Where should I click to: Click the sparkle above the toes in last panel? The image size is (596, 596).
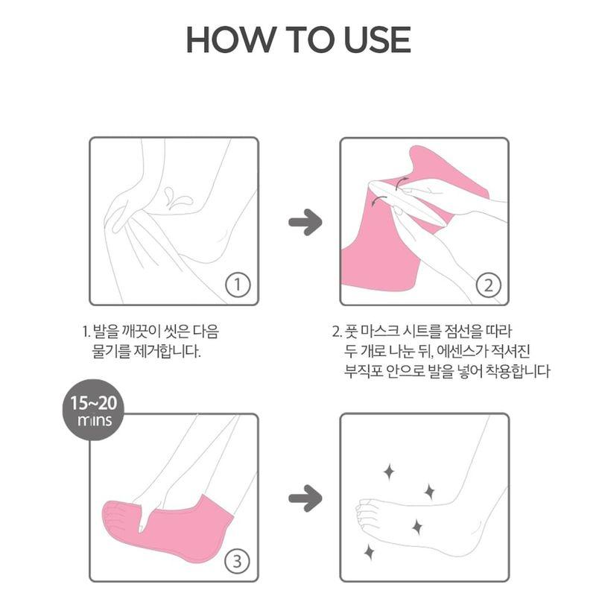(x=388, y=471)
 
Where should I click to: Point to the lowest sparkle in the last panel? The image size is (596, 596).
(x=368, y=551)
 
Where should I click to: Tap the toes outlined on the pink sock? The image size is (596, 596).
(x=113, y=516)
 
